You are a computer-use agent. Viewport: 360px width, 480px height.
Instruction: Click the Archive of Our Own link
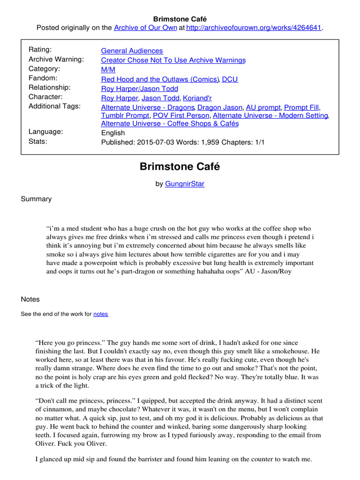pos(145,28)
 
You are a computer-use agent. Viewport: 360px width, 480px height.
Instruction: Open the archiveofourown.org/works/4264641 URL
pos(254,28)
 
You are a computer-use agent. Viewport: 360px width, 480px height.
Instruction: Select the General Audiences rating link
pos(132,51)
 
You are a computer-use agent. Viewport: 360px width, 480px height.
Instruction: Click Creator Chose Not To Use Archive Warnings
pos(173,60)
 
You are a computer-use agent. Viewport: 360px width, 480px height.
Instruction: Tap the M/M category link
pos(108,69)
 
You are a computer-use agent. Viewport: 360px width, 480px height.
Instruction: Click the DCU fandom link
pos(230,79)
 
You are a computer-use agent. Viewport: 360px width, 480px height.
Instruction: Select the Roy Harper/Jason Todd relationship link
pos(139,88)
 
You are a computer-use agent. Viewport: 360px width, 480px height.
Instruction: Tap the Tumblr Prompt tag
pos(125,115)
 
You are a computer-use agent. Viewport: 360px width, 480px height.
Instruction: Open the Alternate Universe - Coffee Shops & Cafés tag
pos(170,124)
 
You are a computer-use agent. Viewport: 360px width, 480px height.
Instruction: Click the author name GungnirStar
pos(185,184)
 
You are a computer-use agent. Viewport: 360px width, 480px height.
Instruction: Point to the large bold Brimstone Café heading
pos(180,166)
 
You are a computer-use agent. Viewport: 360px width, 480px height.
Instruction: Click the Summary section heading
pos(36,199)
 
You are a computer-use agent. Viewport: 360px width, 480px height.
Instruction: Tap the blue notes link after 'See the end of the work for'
pos(101,314)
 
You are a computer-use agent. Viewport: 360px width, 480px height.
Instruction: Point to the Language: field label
pos(45,132)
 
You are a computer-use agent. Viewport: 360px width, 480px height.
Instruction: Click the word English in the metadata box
pos(113,133)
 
